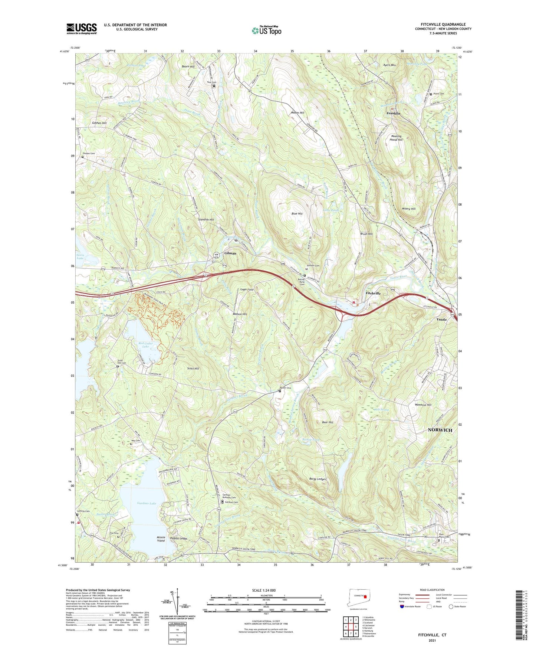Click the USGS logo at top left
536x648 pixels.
pos(81,29)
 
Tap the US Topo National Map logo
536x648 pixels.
pos(266,30)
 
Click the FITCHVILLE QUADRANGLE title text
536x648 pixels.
pos(443,24)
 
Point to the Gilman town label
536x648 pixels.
pos(230,253)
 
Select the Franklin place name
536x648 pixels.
pos(394,113)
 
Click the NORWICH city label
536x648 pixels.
pos(440,430)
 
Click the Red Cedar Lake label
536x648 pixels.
pos(146,345)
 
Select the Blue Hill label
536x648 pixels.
pos(297,214)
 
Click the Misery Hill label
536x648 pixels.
pos(408,209)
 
